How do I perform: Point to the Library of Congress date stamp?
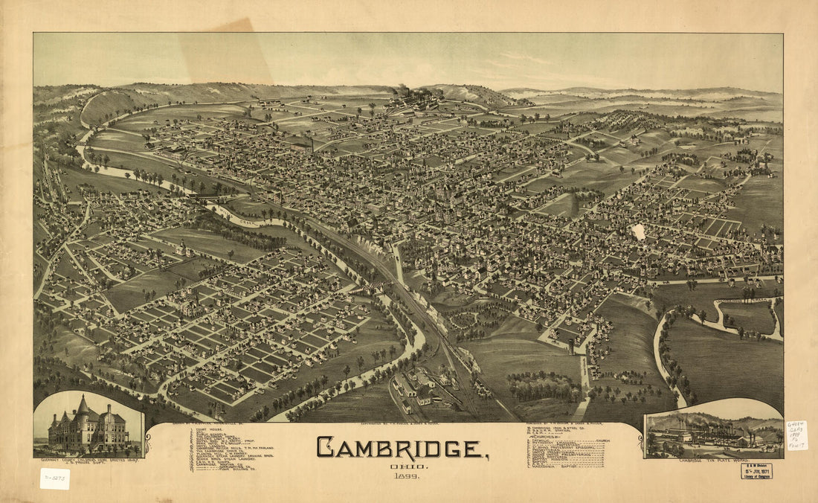click(x=756, y=471)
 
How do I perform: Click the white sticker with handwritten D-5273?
click(x=55, y=478)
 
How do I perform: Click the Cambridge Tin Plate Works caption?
click(x=713, y=461)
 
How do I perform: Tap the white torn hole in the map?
click(x=638, y=232)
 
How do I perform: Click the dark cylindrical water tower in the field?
click(x=571, y=346)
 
